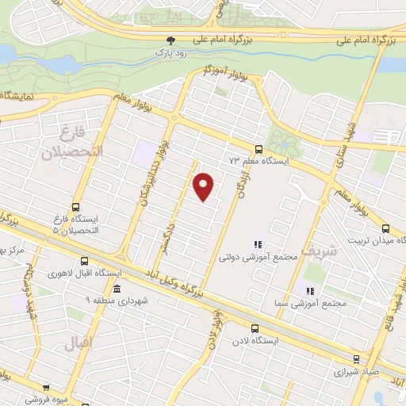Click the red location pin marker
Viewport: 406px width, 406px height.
pyautogui.click(x=204, y=186)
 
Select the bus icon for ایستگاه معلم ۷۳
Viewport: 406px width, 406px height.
pyautogui.click(x=259, y=148)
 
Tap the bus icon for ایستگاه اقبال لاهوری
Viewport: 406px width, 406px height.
pyautogui.click(x=85, y=262)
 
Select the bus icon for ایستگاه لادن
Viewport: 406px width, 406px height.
pyautogui.click(x=254, y=327)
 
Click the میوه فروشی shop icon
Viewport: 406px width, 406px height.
pyautogui.click(x=46, y=389)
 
